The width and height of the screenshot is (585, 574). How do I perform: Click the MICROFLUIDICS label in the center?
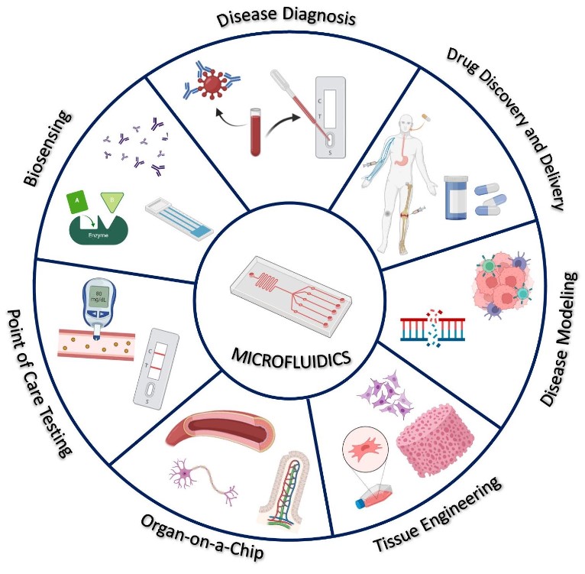(293, 358)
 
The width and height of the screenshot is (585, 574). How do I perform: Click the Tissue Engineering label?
(438, 516)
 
